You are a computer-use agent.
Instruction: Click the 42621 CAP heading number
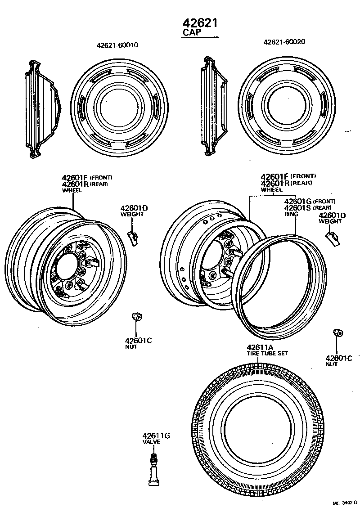click(200, 22)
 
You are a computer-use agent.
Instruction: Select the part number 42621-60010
click(117, 45)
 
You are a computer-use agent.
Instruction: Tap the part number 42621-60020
click(284, 41)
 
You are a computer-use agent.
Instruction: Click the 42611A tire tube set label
click(260, 347)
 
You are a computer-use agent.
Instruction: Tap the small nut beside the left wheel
click(135, 317)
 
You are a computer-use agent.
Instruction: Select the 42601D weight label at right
click(332, 216)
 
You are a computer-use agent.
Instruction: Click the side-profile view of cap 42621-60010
click(43, 109)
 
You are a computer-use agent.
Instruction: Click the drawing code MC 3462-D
click(345, 503)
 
